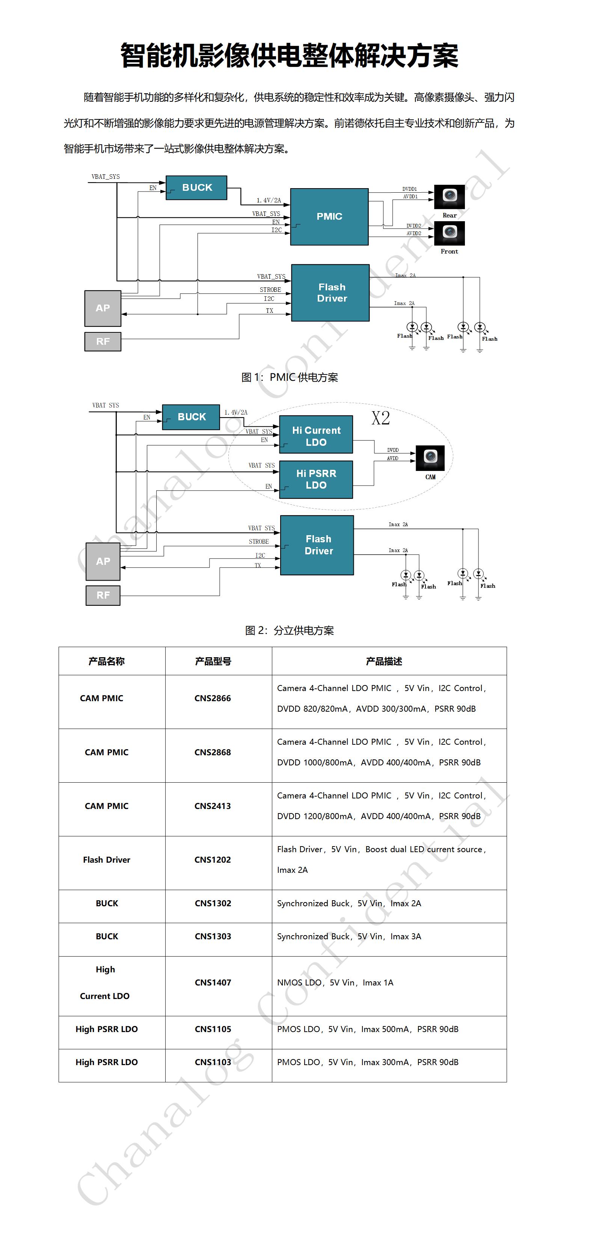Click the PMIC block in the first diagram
tap(329, 217)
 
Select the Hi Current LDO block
tap(316, 435)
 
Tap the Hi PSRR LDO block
tap(316, 479)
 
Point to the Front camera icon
tap(449, 233)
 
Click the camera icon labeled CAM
tap(430, 458)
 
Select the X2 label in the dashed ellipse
tap(381, 418)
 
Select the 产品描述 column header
tap(384, 661)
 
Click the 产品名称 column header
tap(107, 661)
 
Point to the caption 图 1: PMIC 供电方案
tap(290, 377)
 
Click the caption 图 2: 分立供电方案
tap(290, 630)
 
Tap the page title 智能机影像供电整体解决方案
tap(289, 55)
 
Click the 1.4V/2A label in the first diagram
tap(269, 200)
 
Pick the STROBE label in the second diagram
tap(259, 542)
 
